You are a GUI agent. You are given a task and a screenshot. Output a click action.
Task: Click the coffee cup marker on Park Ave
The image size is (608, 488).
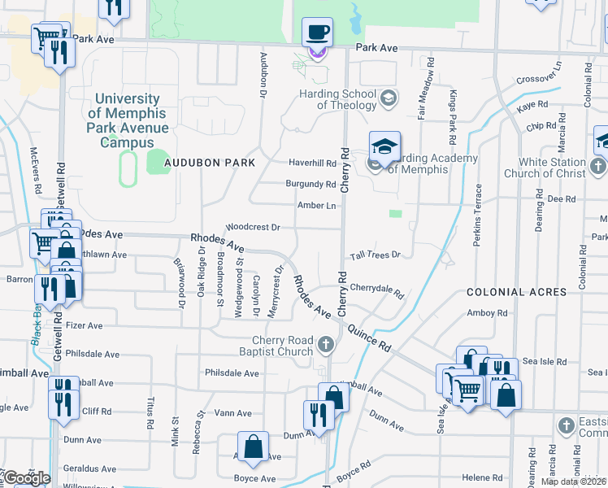click(x=317, y=33)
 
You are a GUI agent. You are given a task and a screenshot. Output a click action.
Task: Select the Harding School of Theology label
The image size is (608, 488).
click(x=340, y=98)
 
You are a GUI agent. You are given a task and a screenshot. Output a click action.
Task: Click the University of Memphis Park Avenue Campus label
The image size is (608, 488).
click(x=128, y=120)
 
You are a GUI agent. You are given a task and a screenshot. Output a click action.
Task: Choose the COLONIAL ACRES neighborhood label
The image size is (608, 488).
click(x=516, y=292)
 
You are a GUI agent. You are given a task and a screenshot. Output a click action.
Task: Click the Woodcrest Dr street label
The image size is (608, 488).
click(x=253, y=228)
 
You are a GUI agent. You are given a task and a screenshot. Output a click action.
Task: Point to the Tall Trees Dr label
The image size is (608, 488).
click(x=376, y=255)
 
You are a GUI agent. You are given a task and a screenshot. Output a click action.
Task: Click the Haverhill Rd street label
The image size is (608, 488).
click(x=312, y=163)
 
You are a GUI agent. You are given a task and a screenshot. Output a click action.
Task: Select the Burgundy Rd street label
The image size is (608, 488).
click(x=311, y=184)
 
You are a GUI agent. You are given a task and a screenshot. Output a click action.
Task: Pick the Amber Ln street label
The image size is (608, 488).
click(x=317, y=206)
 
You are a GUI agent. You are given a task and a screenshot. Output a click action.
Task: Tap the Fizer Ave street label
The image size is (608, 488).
click(x=84, y=325)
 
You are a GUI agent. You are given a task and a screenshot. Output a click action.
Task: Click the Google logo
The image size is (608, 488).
click(x=26, y=478)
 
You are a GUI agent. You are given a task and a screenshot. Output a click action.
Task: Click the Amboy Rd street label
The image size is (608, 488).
click(x=487, y=312)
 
